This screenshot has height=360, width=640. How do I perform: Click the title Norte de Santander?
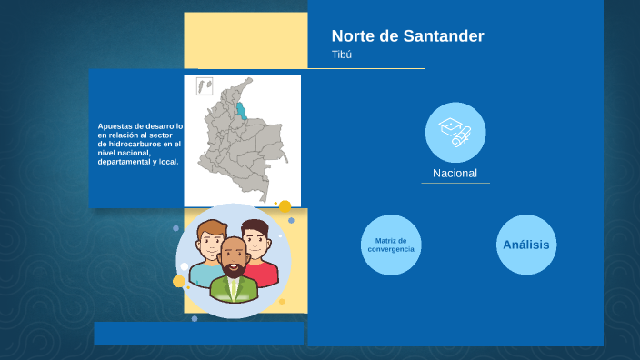click(407, 36)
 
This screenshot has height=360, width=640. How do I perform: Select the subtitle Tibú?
click(342, 55)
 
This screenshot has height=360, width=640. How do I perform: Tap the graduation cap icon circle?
click(455, 132)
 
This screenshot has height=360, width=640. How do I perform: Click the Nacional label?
click(455, 173)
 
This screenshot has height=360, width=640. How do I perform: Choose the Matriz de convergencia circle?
click(391, 245)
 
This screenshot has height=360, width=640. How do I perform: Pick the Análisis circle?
click(525, 245)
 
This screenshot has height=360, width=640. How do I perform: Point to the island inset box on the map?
click(205, 85)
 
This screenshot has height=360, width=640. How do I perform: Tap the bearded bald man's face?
click(235, 258)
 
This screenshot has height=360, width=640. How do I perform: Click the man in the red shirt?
click(259, 255)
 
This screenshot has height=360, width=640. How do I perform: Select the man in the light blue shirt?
click(208, 255)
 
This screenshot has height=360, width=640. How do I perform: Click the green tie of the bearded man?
click(235, 289)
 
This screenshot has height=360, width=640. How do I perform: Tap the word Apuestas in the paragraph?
click(115, 126)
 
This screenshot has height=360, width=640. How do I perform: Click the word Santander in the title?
click(440, 36)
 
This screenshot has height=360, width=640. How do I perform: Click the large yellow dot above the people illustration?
click(285, 206)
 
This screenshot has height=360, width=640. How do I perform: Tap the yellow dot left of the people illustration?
click(179, 281)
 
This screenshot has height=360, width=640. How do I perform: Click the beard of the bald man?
click(235, 269)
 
